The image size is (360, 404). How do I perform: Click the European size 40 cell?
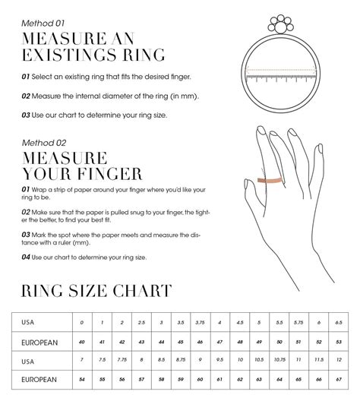[83, 342]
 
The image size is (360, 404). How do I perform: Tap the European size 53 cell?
[339, 342]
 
